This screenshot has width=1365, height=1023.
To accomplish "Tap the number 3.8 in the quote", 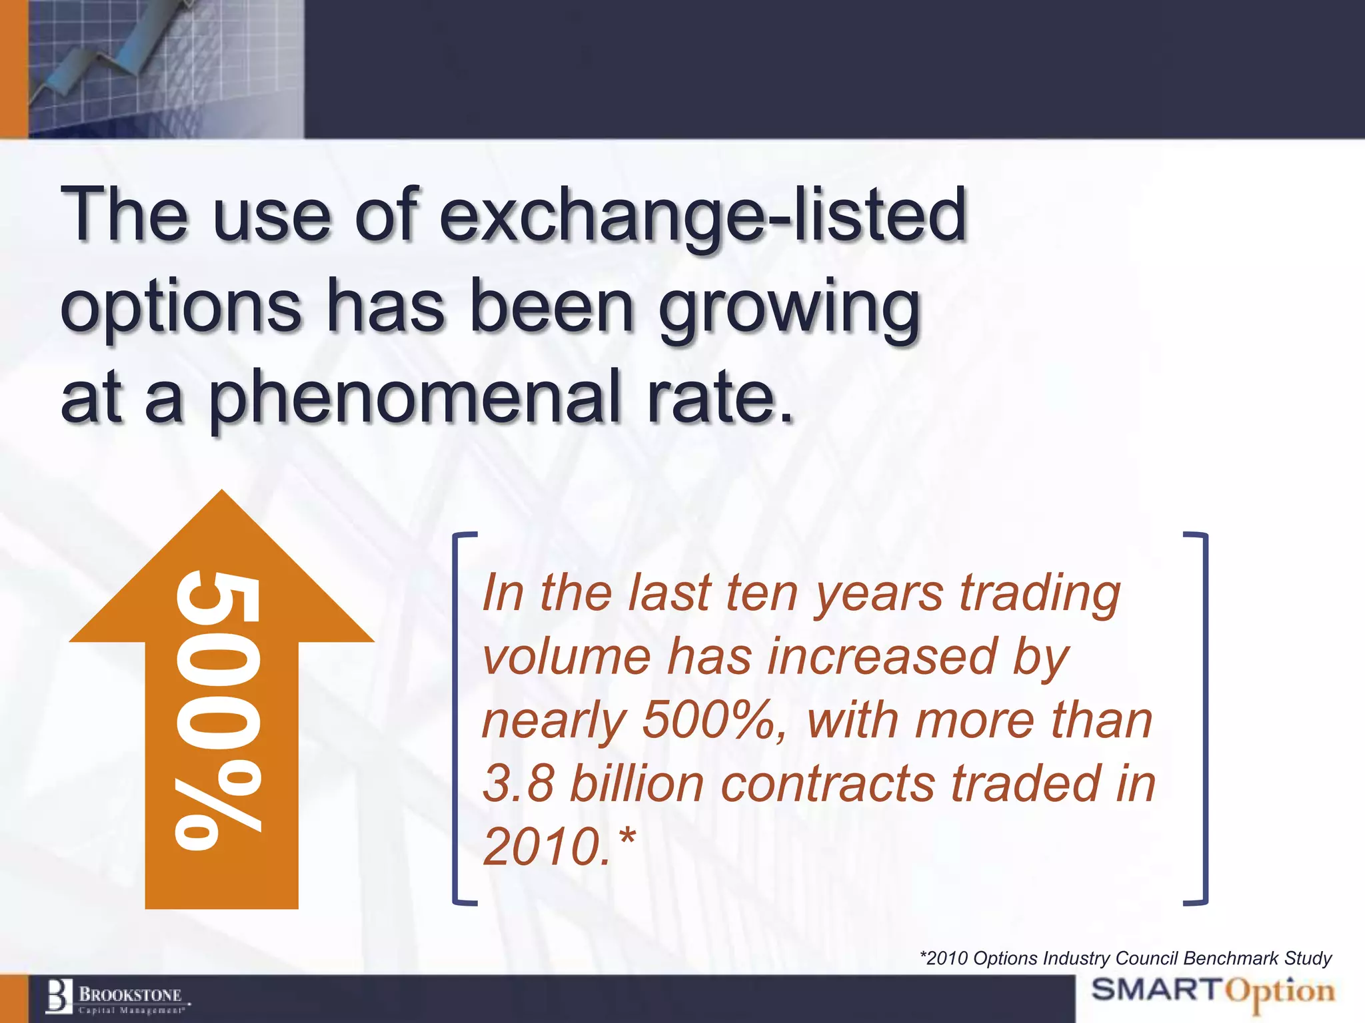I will pyautogui.click(x=518, y=783).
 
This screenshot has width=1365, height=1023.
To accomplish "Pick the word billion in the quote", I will pyautogui.click(x=637, y=783).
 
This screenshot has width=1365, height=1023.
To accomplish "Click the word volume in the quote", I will pyautogui.click(x=567, y=657).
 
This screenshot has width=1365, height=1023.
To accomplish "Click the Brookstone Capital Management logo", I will pyautogui.click(x=117, y=998).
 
